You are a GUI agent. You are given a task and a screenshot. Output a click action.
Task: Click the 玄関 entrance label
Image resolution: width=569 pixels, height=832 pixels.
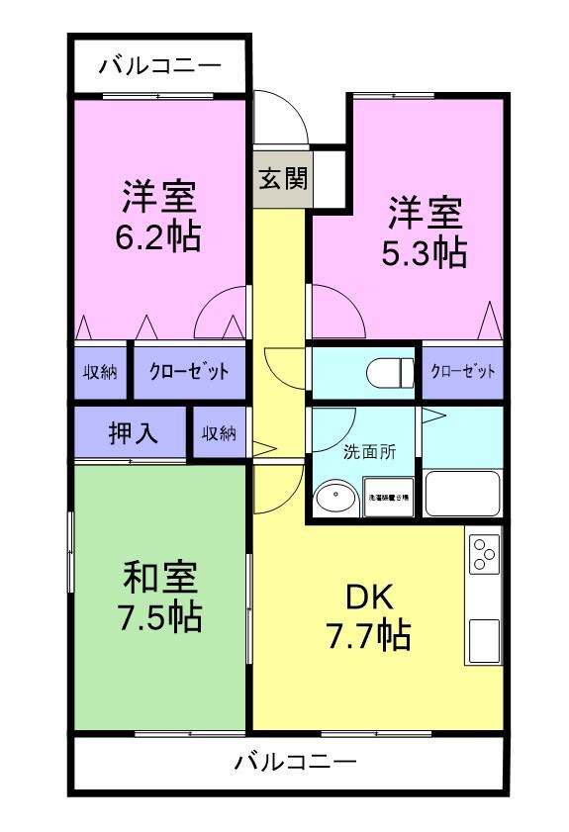282,179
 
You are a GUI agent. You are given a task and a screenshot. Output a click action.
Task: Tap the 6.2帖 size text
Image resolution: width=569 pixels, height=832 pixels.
161,237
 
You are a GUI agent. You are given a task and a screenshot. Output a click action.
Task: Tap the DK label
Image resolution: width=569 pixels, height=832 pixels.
369,597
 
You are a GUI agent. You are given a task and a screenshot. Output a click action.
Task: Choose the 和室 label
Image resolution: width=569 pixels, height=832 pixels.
161,576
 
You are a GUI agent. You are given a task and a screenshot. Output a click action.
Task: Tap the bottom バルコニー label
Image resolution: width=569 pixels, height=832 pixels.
296,763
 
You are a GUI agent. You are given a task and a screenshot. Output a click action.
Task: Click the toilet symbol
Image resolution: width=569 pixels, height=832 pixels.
390,373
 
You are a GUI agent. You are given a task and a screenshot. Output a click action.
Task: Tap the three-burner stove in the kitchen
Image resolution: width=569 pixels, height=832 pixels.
485,555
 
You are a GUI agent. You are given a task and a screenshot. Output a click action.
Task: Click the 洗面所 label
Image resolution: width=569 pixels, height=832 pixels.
369,452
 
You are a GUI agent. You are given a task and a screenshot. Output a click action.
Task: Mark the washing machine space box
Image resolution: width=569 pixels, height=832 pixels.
387,499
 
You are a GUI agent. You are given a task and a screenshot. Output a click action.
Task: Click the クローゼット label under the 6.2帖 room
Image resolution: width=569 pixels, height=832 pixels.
188,372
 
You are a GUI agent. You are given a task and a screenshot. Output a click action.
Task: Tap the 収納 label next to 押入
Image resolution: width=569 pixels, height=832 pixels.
219,433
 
